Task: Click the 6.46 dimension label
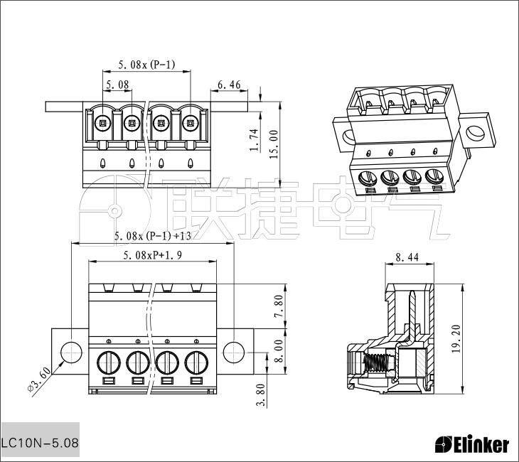229,85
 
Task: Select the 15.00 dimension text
274,144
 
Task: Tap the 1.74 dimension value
255,140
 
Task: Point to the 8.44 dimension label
407,257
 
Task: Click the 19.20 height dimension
456,339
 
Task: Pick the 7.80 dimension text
279,306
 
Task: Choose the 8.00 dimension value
279,351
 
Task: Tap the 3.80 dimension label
261,394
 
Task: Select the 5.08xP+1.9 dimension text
152,255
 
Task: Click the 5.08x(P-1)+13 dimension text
153,236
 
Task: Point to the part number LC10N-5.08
40,443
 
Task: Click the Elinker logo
472,444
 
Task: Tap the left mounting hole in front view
72,353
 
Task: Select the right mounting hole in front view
234,353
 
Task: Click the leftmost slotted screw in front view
109,362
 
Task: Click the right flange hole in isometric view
476,133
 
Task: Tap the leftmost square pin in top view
103,124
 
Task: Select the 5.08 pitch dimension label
117,85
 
